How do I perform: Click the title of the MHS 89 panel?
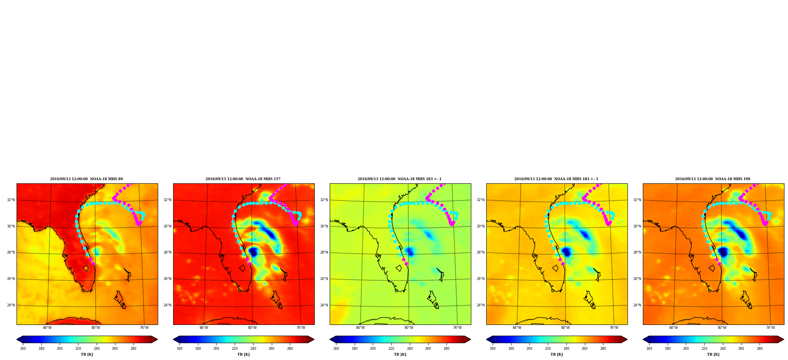pos(86,179)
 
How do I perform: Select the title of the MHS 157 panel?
pos(243,179)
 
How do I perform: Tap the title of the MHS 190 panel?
pos(713,179)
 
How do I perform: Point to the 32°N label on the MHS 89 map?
pos(11,200)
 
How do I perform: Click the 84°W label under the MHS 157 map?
pos(204,328)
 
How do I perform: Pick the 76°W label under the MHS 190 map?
pos(770,328)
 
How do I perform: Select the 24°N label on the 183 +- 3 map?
pos(480,305)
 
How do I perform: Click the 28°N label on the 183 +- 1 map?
pos(324,253)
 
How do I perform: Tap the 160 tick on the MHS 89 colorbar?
pos(23,349)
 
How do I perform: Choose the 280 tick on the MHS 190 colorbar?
pos(760,349)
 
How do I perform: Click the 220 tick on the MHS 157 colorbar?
pos(235,349)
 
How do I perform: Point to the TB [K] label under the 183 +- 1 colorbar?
pos(400,354)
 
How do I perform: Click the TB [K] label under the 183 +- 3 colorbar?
pos(556,354)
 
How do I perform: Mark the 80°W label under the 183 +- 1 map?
pos(409,328)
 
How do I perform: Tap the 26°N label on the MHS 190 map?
pos(637,279)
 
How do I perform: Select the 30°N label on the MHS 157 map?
pos(167,226)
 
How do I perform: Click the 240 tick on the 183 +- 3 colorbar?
pos(566,349)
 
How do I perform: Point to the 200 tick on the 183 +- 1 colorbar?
pos(373,349)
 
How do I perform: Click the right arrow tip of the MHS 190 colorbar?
pos(784,339)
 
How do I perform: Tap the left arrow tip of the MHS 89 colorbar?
pos(17,339)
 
